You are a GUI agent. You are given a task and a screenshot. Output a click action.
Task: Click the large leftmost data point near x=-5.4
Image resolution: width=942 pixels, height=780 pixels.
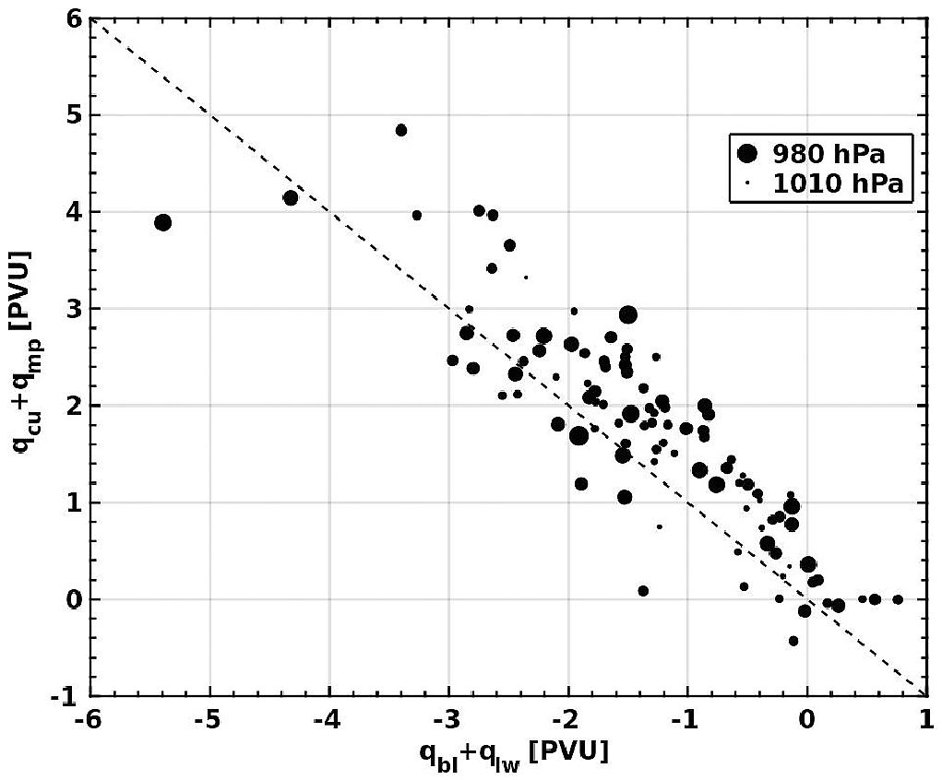162,222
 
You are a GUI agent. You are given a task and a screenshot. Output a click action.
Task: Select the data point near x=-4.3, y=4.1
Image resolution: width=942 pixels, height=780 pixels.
291,197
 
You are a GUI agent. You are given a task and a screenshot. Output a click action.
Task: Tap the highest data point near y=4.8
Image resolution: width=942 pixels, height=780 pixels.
401,130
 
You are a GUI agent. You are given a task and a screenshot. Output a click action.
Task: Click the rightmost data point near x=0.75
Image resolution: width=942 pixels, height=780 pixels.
898,599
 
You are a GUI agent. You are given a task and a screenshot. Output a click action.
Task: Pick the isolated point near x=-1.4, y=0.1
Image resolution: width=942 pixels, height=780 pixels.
643,591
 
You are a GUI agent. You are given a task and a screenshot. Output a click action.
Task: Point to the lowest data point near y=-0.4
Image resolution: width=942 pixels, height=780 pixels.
793,641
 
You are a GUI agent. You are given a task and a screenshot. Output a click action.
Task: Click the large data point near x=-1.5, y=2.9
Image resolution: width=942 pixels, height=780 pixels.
628,315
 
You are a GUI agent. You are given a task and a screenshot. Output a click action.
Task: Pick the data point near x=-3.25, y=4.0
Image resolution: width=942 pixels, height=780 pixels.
417,215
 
